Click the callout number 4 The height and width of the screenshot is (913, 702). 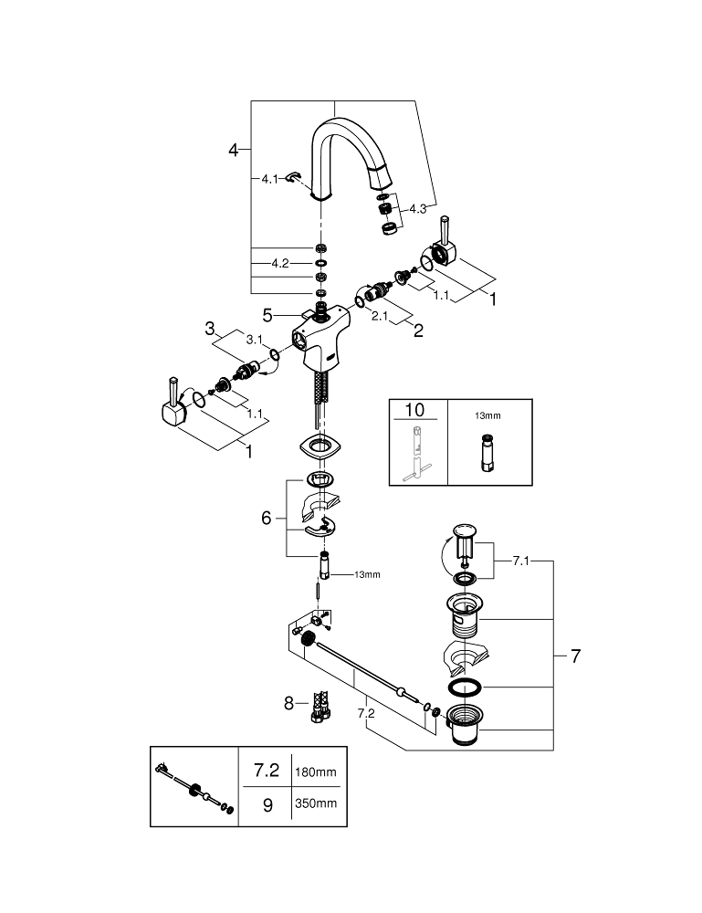pyautogui.click(x=234, y=149)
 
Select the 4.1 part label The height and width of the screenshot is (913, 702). pyautogui.click(x=268, y=180)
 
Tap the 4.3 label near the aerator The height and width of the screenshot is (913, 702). pyautogui.click(x=417, y=209)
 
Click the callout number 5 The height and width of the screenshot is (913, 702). pyautogui.click(x=267, y=315)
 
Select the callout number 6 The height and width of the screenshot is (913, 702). pyautogui.click(x=267, y=518)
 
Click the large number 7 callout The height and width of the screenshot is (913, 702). pyautogui.click(x=575, y=656)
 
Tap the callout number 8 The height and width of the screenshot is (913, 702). pyautogui.click(x=289, y=703)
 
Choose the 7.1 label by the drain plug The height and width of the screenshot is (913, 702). pyautogui.click(x=520, y=560)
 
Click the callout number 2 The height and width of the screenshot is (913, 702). pyautogui.click(x=418, y=331)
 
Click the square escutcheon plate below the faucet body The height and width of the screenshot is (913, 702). pyautogui.click(x=320, y=447)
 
